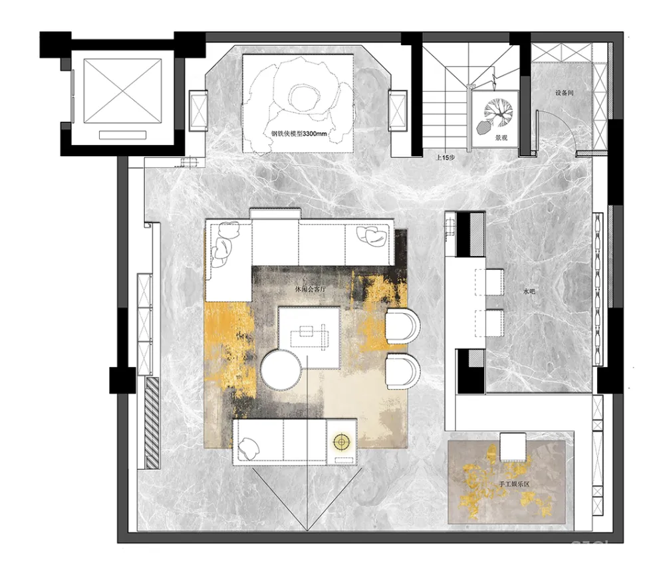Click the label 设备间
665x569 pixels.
(x=564, y=93)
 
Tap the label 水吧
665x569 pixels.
(x=529, y=291)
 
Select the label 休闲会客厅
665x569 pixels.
(x=311, y=290)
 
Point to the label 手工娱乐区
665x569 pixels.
(x=514, y=484)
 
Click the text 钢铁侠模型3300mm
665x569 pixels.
(x=299, y=134)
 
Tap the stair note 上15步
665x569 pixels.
(x=446, y=158)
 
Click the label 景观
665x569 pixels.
(x=501, y=138)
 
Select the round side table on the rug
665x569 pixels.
(x=281, y=370)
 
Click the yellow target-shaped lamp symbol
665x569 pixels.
(x=341, y=442)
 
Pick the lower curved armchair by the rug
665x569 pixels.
(x=402, y=372)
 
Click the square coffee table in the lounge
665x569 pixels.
(x=309, y=338)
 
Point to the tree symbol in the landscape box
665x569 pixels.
(x=499, y=112)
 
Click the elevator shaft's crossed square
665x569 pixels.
(x=122, y=91)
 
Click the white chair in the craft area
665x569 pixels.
(x=513, y=447)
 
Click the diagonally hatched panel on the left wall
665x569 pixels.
(x=152, y=423)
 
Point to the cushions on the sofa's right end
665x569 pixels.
(x=372, y=236)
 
